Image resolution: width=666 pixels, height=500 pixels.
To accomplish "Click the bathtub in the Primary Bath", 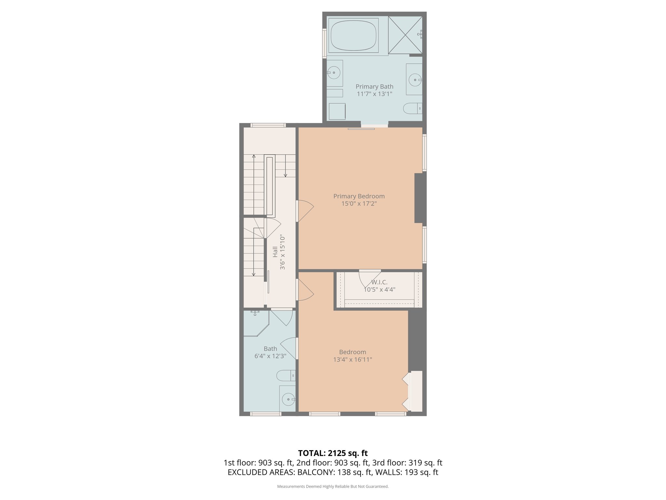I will click(x=353, y=35).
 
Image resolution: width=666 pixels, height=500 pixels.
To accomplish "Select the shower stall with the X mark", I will click(x=405, y=35).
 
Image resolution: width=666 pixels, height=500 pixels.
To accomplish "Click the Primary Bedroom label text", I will click(x=359, y=196).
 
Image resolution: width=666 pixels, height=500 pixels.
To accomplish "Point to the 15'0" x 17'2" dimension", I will click(x=359, y=204).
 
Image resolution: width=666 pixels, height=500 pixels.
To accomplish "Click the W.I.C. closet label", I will click(x=379, y=282).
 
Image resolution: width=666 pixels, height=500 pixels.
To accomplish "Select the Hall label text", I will click(x=275, y=252).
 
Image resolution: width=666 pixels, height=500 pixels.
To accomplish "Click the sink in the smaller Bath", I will click(x=288, y=399).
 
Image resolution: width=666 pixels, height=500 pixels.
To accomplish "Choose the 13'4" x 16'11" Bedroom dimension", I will click(x=353, y=360).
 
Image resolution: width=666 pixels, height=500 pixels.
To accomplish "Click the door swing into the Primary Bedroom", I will click(x=306, y=211).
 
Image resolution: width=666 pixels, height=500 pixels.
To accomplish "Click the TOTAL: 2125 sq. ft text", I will click(x=333, y=453).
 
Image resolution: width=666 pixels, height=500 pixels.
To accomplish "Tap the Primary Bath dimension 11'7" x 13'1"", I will click(x=374, y=94).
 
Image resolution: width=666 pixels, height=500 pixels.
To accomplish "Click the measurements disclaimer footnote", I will click(x=333, y=486).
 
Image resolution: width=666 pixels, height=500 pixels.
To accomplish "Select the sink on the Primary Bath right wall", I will click(x=415, y=79).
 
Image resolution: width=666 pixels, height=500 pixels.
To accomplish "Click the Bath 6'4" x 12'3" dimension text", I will click(x=270, y=356).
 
